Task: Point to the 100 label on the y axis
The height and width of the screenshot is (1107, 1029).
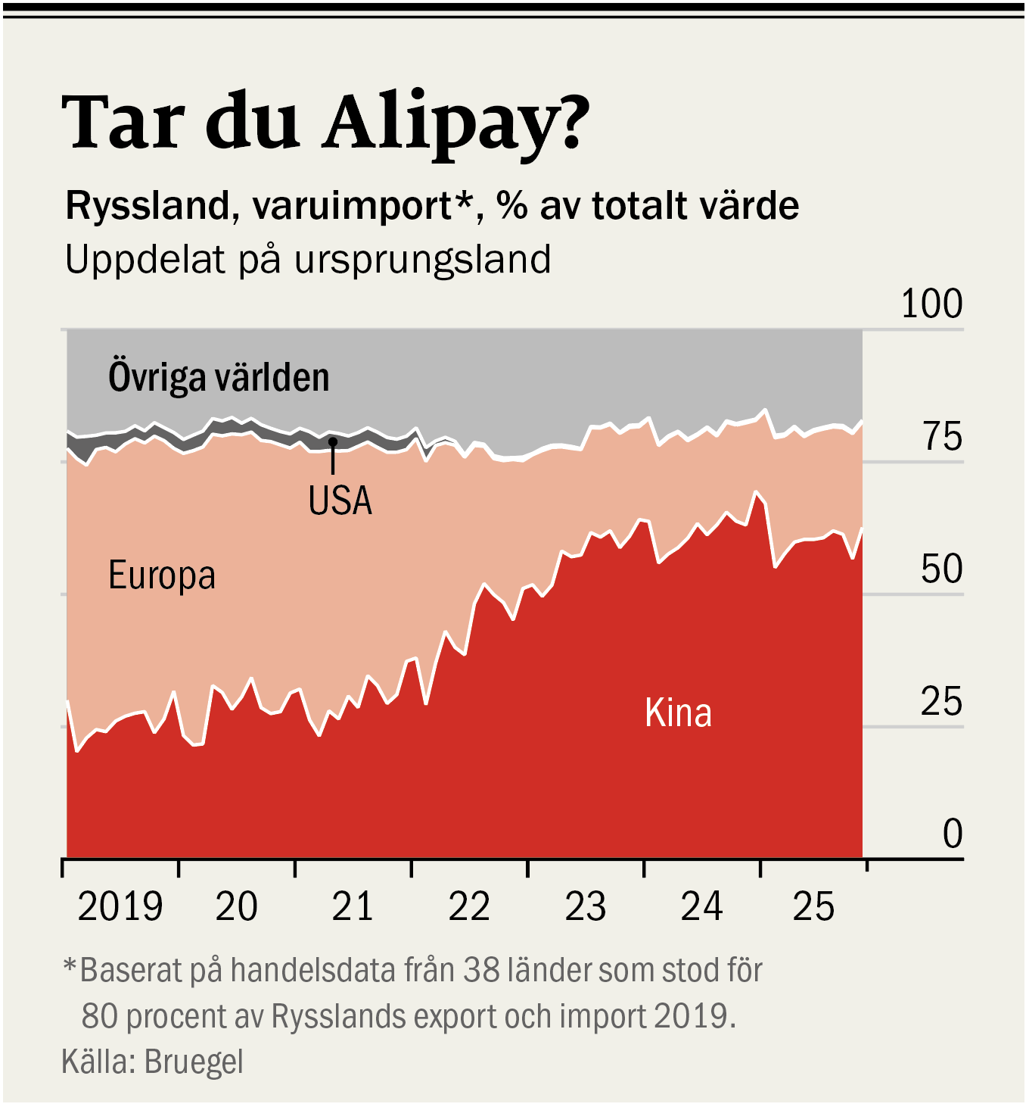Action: click(x=931, y=304)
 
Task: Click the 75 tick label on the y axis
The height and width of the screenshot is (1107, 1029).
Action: click(x=942, y=437)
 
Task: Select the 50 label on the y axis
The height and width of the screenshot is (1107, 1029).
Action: click(x=941, y=569)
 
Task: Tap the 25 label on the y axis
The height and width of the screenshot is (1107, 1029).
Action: click(x=941, y=703)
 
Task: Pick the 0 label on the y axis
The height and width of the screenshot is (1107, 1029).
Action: click(x=953, y=834)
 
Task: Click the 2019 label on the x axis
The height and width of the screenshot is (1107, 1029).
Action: click(x=120, y=907)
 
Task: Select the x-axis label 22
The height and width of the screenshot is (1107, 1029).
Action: click(x=469, y=907)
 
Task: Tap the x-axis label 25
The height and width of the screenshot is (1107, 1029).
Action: click(x=813, y=907)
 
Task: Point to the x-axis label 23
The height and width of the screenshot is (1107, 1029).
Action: click(x=585, y=907)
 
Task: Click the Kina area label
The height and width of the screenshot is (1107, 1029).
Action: click(x=678, y=713)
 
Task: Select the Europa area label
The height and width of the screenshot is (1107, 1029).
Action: click(x=162, y=575)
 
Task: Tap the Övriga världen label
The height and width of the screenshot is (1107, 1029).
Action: click(x=219, y=377)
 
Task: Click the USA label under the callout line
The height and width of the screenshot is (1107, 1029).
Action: click(x=340, y=500)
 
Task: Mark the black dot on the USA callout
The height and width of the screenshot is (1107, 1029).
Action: click(x=332, y=441)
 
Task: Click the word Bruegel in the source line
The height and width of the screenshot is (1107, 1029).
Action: click(x=194, y=1062)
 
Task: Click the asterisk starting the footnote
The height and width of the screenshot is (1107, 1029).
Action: click(x=70, y=967)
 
